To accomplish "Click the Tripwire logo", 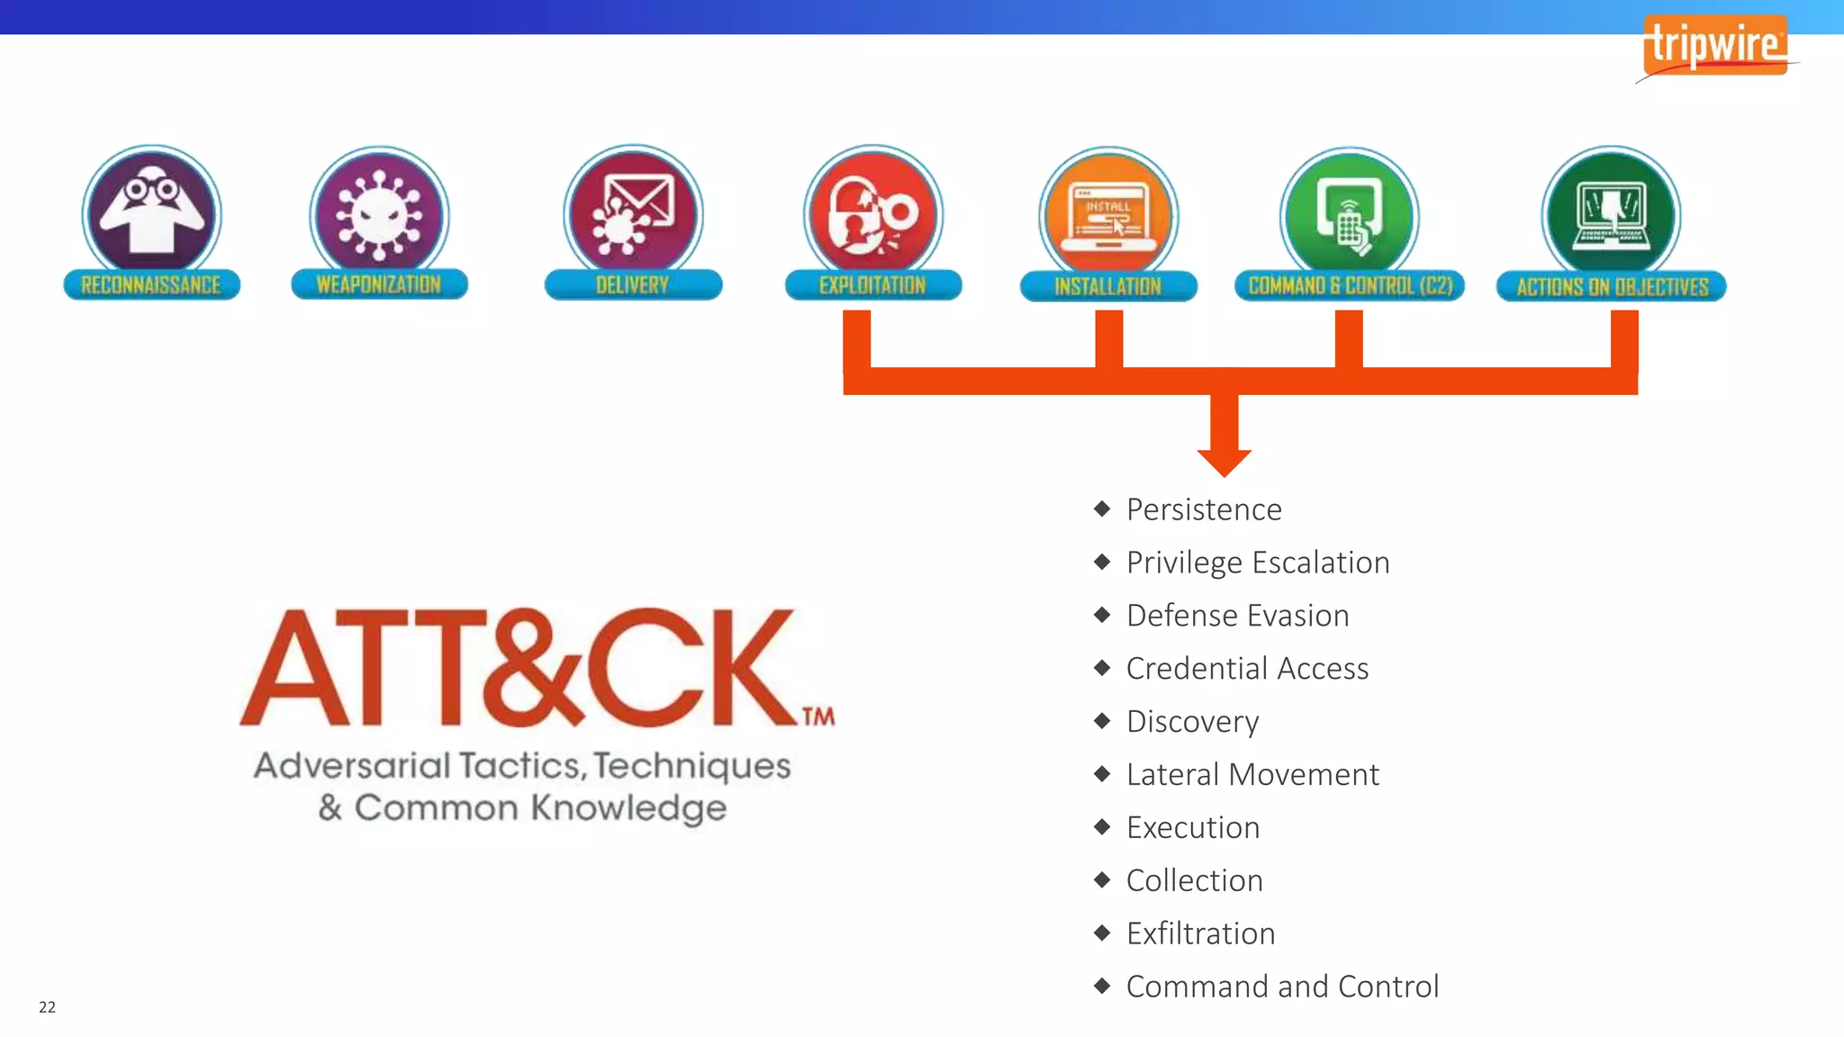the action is [x=1714, y=45].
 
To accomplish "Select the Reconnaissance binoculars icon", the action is [x=151, y=212].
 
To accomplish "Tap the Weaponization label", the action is [x=379, y=284].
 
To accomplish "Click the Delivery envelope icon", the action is [x=634, y=212].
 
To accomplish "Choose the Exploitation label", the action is [x=872, y=285].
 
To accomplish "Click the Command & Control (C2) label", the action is [x=1350, y=286].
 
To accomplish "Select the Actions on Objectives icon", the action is [x=1611, y=214].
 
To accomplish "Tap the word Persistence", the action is [x=1204, y=509].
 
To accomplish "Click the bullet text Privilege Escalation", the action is [x=1258, y=563].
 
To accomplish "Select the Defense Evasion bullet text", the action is [x=1237, y=616].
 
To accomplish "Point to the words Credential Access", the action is [x=1247, y=669].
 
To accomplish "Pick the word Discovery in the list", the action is [x=1192, y=722].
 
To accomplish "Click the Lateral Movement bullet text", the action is [x=1252, y=775].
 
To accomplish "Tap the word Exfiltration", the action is [x=1200, y=933].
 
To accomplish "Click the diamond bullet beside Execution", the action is [x=1102, y=827].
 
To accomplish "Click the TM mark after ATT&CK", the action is [x=818, y=717].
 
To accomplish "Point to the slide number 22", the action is [x=48, y=1007].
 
